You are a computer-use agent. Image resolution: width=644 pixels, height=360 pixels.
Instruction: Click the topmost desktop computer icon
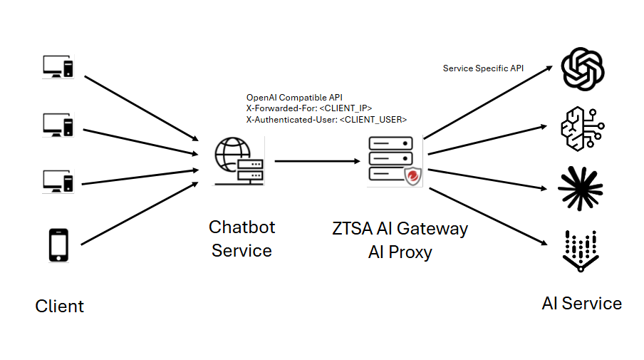tap(58, 67)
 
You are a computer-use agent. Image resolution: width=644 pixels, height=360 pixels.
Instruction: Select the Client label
tap(60, 307)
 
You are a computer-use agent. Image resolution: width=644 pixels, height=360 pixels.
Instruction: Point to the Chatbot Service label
tap(241, 239)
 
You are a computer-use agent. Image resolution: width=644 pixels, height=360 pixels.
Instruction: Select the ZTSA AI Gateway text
tap(400, 229)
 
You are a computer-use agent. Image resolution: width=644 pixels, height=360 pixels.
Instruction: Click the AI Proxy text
tap(400, 252)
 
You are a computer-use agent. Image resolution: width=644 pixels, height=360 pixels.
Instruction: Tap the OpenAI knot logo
tap(583, 68)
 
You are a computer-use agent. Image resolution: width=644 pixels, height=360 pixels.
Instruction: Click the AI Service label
tap(581, 304)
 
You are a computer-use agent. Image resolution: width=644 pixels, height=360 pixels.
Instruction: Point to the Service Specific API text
tap(484, 68)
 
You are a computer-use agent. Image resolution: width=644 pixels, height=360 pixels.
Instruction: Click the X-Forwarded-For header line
tap(309, 108)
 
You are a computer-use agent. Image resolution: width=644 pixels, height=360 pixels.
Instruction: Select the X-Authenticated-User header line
tap(326, 120)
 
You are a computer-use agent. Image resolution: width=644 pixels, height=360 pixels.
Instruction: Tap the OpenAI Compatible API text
tap(295, 97)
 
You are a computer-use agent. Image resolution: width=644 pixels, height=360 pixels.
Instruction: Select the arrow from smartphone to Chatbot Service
tap(139, 214)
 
